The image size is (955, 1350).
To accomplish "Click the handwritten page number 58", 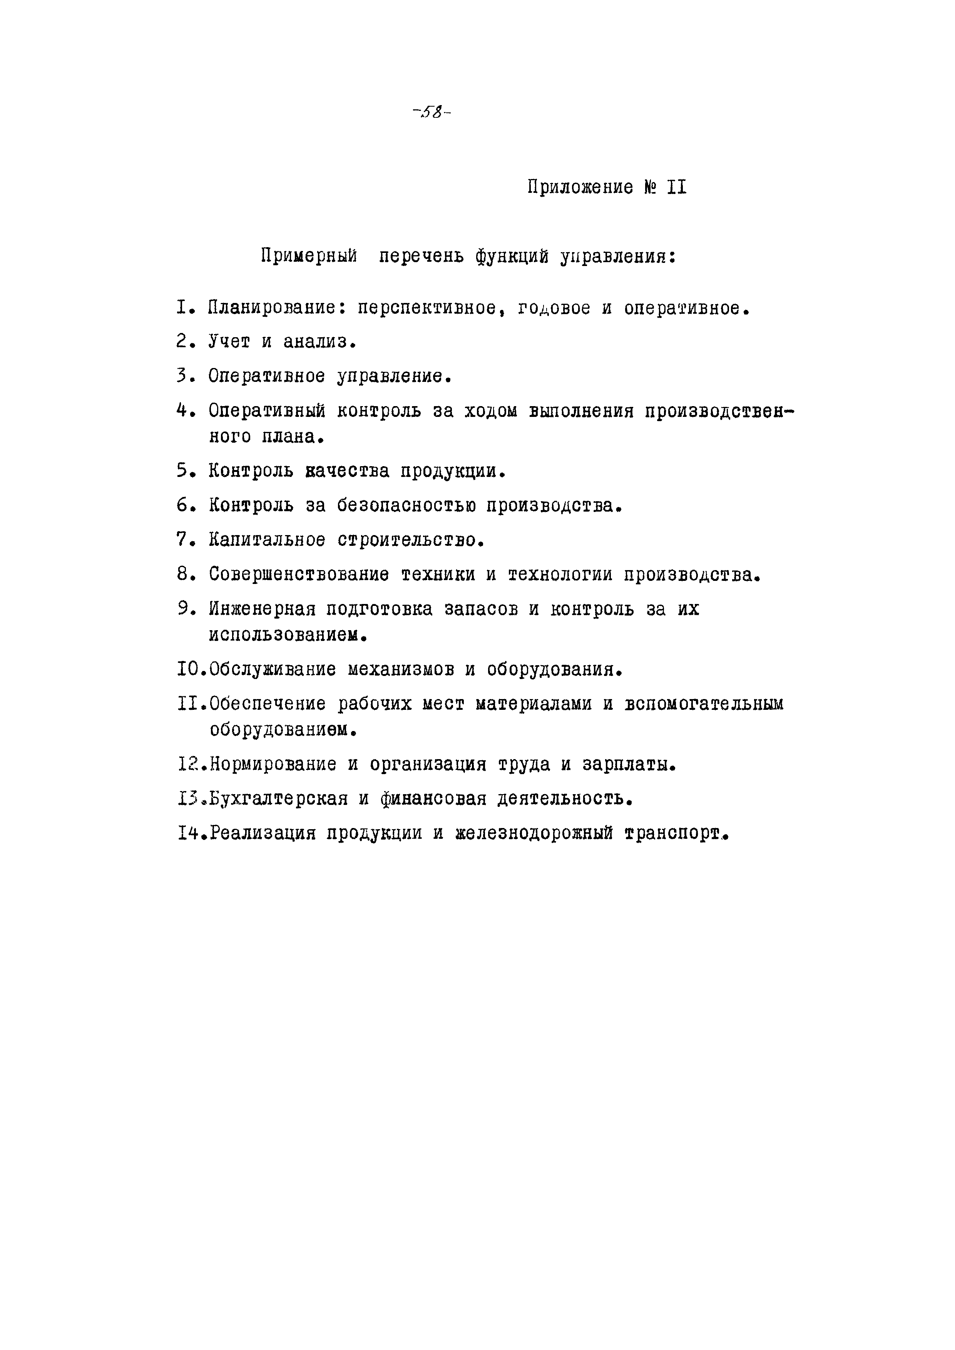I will coord(432,112).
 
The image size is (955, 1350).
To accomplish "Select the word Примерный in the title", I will coord(309,256).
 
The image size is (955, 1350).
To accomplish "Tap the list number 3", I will coord(182,376).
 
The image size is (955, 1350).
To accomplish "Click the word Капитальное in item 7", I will coord(266,539).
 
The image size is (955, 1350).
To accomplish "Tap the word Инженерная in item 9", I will coord(262,609).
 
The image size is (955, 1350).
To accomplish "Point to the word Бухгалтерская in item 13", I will coord(279,798).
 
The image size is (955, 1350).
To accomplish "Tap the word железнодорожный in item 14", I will coord(534,833).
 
